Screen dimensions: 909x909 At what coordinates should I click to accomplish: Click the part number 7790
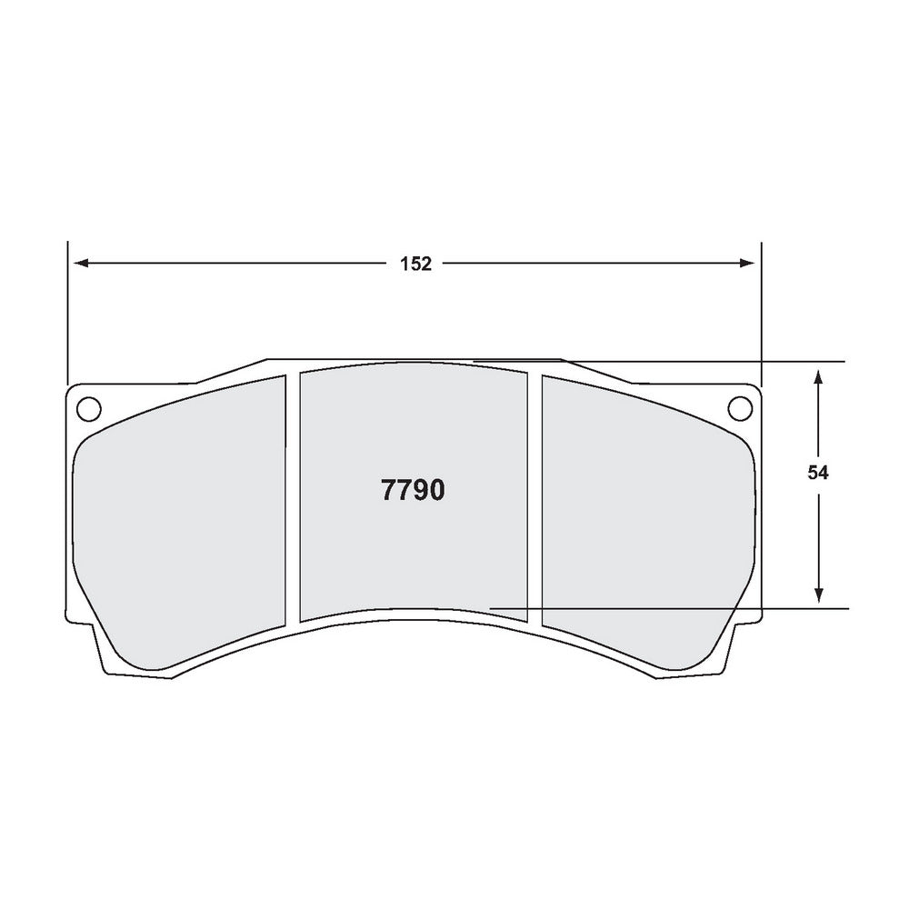[x=414, y=491]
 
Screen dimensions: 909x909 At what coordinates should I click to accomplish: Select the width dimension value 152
[x=415, y=264]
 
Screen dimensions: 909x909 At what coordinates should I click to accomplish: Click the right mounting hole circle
[x=737, y=408]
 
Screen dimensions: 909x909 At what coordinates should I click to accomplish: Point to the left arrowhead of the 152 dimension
[x=80, y=264]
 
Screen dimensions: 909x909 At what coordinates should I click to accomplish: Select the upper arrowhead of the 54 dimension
[x=819, y=375]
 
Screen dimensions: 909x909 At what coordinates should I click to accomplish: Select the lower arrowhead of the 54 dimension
[x=819, y=594]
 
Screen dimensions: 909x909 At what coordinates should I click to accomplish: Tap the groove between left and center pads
[x=293, y=500]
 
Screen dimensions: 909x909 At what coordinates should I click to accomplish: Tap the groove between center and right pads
[x=534, y=500]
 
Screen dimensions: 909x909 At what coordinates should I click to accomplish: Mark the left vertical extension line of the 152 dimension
[x=67, y=309]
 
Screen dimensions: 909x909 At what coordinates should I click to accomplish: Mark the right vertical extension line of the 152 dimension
[x=761, y=309]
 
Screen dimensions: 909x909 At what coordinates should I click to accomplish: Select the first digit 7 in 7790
[x=389, y=491]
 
